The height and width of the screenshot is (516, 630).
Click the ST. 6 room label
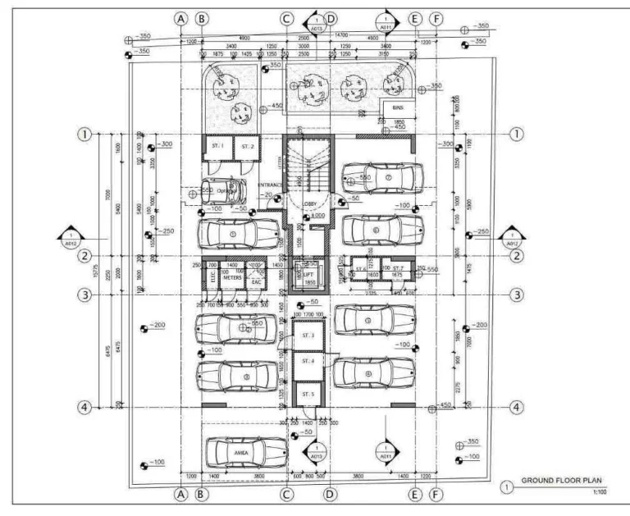(359, 268)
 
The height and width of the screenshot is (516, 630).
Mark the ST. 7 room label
(398, 268)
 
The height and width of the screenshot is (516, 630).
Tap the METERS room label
(233, 279)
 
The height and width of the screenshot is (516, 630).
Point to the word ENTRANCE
(271, 186)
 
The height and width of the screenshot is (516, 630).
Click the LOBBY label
(310, 203)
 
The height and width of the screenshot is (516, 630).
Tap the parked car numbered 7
(383, 176)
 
